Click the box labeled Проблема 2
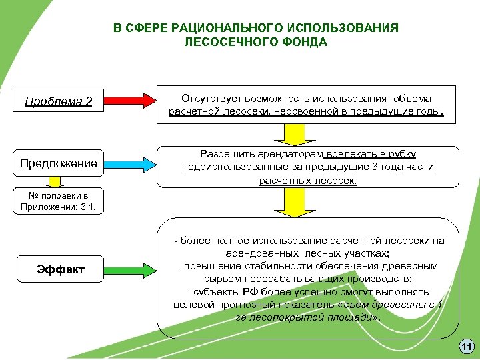pos(59,102)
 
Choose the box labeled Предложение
pos(59,163)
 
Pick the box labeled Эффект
pos(61,269)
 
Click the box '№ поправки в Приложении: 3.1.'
pos(59,201)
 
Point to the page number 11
pos(466,346)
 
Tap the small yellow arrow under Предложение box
pos(59,181)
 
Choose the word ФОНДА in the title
pos(307,43)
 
